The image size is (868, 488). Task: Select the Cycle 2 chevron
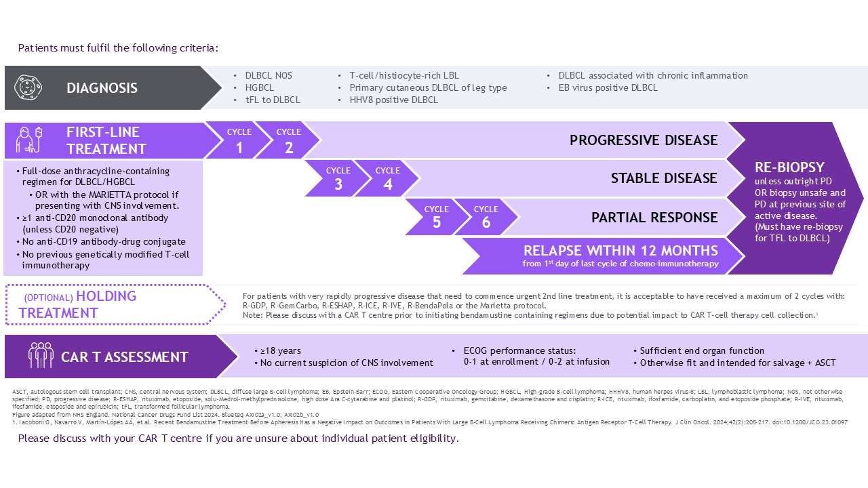click(288, 140)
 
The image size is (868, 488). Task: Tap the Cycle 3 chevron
click(338, 178)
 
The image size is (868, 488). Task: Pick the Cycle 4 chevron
click(387, 178)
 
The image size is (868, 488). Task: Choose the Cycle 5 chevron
click(436, 217)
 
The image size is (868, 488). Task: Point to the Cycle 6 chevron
click(486, 217)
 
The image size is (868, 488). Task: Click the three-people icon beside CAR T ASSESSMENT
click(41, 357)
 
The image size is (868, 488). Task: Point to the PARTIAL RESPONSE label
click(654, 218)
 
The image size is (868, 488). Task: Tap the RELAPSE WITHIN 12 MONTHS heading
click(620, 251)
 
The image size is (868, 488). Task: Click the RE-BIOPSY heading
click(789, 167)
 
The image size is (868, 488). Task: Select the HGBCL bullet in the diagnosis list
click(259, 87)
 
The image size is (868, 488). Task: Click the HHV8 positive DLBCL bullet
click(393, 100)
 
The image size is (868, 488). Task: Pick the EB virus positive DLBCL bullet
click(608, 87)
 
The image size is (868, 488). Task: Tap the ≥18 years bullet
click(281, 350)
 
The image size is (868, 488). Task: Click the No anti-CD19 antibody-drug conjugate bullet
click(104, 241)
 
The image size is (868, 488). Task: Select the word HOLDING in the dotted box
click(106, 296)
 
